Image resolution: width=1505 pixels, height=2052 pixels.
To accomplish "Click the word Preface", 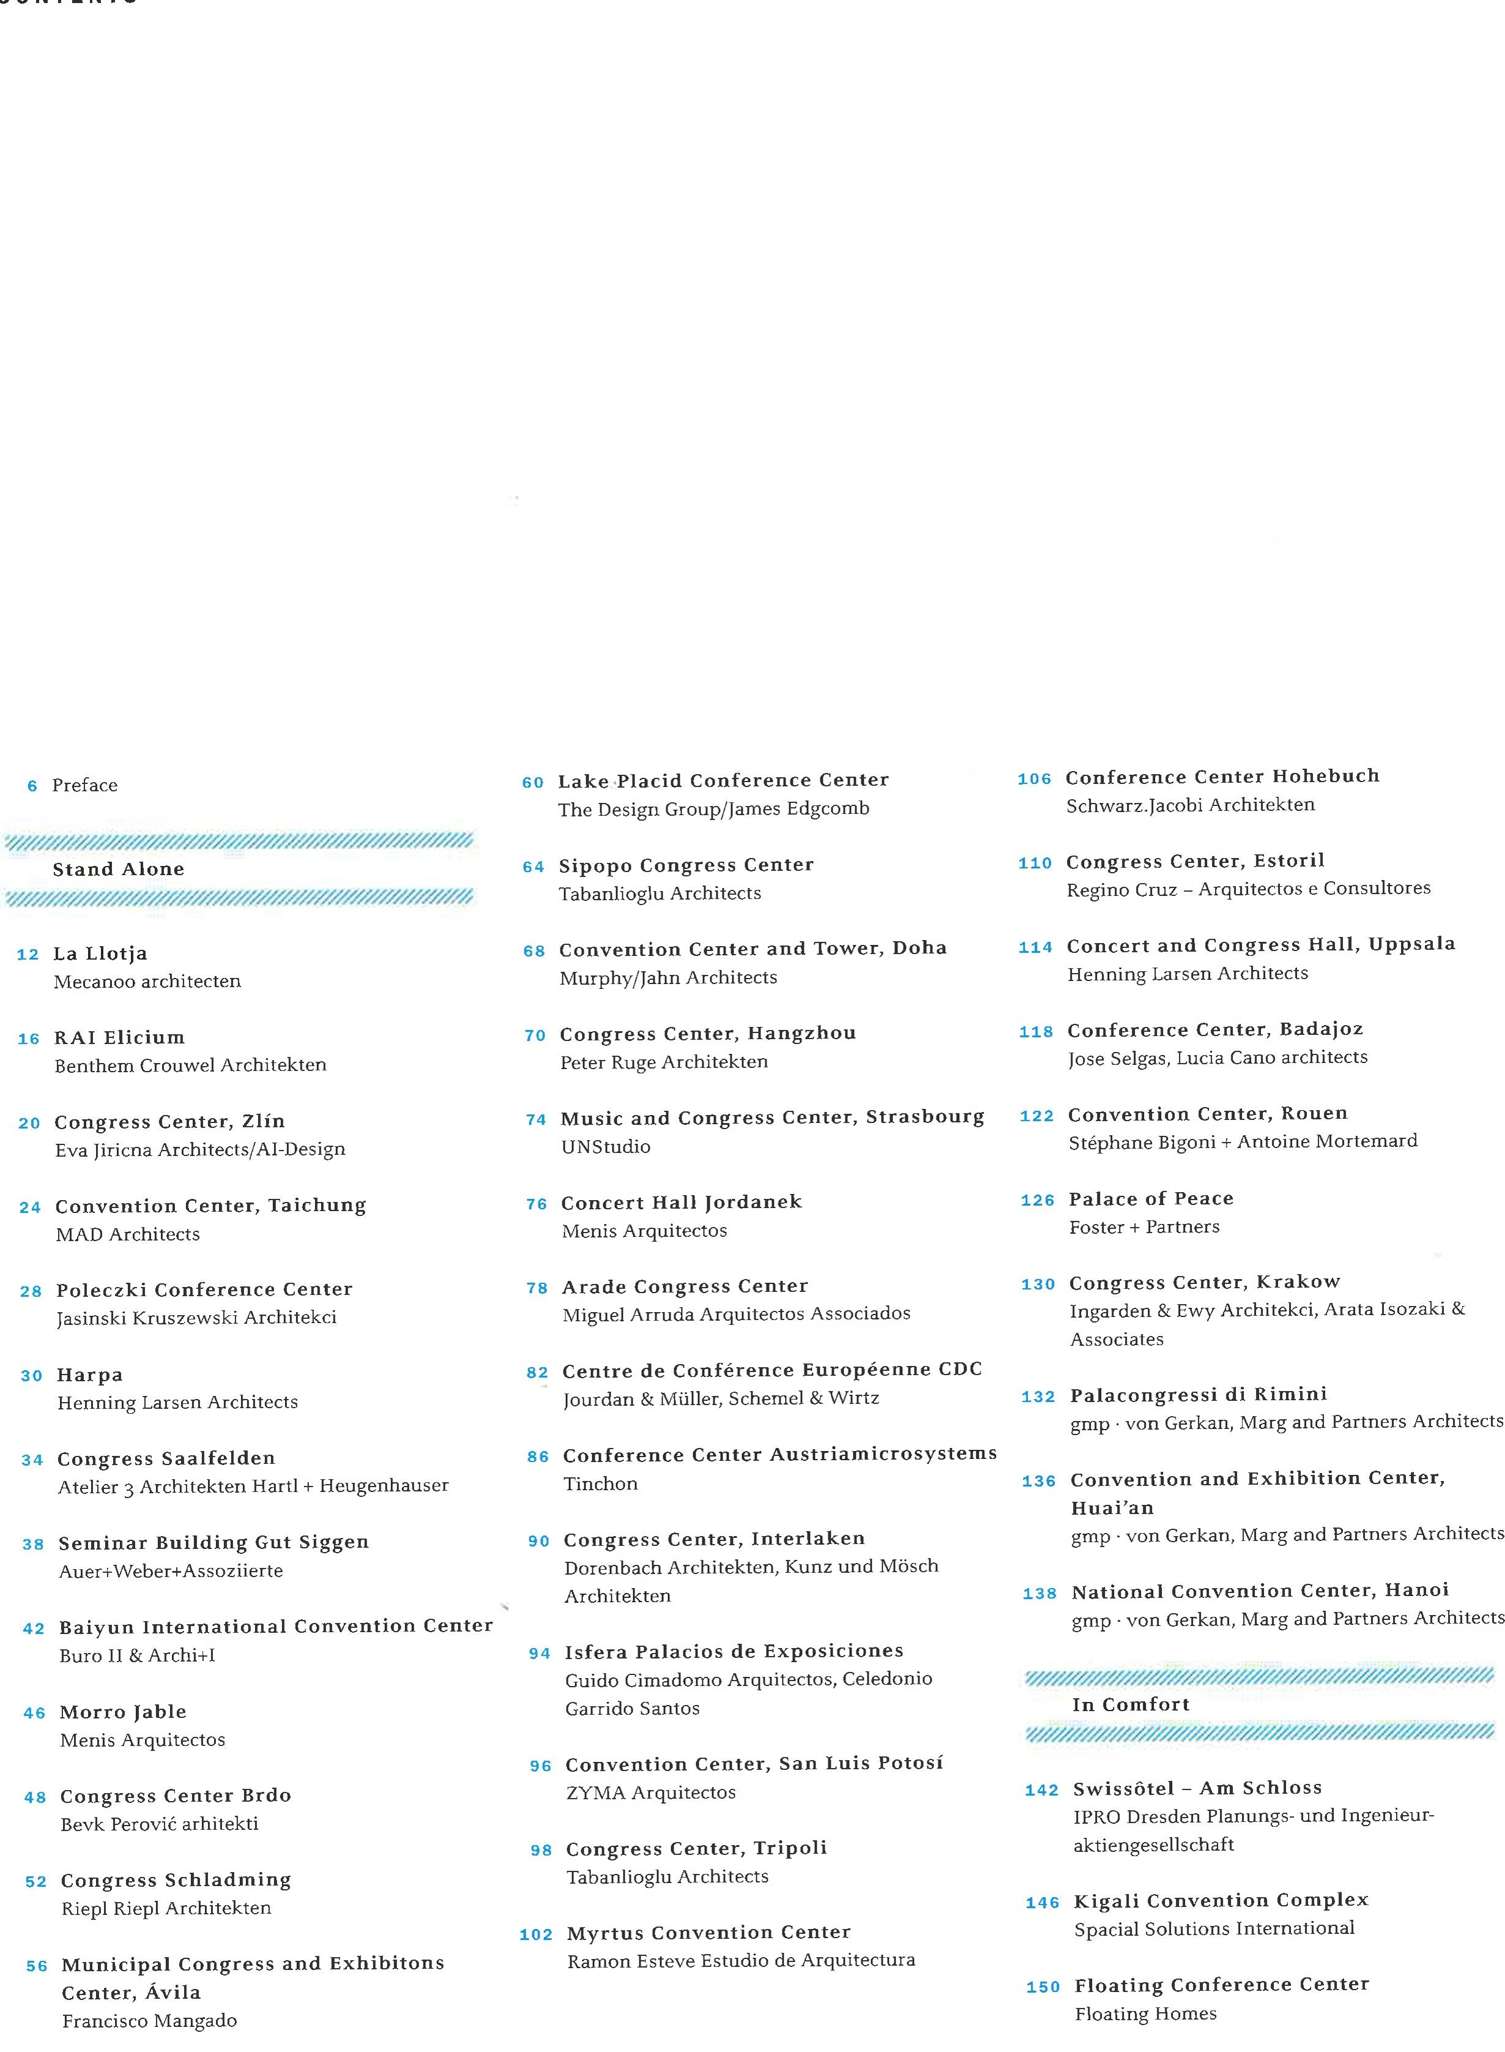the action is point(84,785).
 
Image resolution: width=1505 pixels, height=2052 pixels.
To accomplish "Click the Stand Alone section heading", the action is point(119,869).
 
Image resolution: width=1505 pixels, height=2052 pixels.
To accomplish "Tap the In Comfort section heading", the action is point(1131,1705).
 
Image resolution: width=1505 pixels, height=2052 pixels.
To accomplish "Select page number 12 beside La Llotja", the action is point(28,955).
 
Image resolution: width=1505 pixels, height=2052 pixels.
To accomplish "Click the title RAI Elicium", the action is point(119,1038).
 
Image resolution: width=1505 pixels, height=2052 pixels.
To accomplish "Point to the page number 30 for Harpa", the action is point(32,1376).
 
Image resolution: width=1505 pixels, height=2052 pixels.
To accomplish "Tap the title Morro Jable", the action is point(123,1712).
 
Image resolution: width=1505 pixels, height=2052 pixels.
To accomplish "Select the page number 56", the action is point(37,1966).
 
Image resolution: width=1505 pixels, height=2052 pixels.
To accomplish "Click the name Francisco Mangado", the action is point(149,2021).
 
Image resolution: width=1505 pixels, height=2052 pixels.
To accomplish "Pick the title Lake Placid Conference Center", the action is point(723,781).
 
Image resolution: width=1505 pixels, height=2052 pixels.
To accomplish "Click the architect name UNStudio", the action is point(606,1147).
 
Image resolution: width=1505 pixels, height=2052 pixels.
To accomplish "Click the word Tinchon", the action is point(600,1484).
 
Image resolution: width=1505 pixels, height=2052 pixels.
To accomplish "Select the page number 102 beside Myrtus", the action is point(536,1934).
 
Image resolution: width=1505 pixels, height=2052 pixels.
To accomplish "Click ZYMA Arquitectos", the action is point(650,1793).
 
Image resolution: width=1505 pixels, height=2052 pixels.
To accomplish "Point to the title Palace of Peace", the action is point(1151,1199).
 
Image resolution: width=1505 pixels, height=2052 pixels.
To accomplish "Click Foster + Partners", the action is point(1144,1228).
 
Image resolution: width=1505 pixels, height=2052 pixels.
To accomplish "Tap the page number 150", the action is point(1043,1987).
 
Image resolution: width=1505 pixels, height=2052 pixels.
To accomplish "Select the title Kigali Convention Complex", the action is point(1221,1901).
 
